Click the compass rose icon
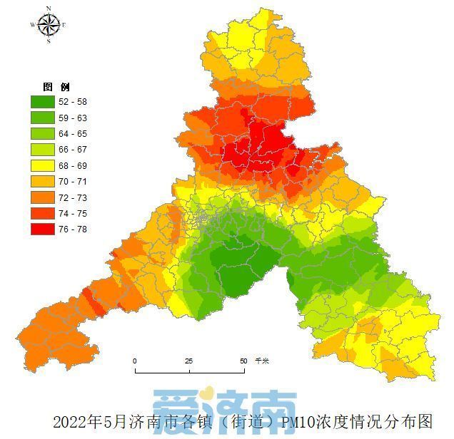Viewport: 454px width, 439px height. point(49,25)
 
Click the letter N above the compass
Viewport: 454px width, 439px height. point(49,9)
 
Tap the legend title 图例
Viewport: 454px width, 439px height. point(57,86)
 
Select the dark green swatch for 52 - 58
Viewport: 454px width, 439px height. point(44,103)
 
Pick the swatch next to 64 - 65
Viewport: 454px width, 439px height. point(44,134)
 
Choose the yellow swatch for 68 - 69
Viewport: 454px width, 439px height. point(44,165)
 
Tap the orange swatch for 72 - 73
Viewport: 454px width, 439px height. point(44,197)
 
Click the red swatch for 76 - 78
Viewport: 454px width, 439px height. point(44,229)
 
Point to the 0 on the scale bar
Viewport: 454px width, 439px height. point(135,361)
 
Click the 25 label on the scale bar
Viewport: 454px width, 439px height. point(189,361)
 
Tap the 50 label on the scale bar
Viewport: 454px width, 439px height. point(243,361)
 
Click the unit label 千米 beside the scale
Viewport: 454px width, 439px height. point(262,361)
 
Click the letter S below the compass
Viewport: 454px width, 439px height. point(49,41)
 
